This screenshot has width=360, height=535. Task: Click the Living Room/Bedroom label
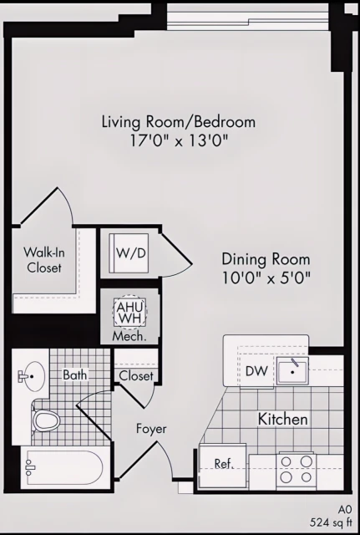pos(179,122)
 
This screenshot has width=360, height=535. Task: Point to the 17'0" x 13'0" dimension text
pos(179,141)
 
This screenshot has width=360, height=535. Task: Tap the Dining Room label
pos(266,259)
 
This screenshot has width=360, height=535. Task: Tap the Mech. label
pos(129,337)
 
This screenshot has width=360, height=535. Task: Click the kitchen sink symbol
pos(292,370)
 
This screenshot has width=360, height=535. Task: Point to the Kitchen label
pos(282,419)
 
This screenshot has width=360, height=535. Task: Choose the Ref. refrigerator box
pos(223,464)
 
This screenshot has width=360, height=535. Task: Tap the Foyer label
pos(151,429)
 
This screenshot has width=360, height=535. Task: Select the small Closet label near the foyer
pos(136,376)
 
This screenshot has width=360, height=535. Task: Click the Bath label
pos(75,375)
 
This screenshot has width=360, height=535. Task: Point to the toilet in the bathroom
pos(47,419)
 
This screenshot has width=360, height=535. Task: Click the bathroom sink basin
pos(33,378)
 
